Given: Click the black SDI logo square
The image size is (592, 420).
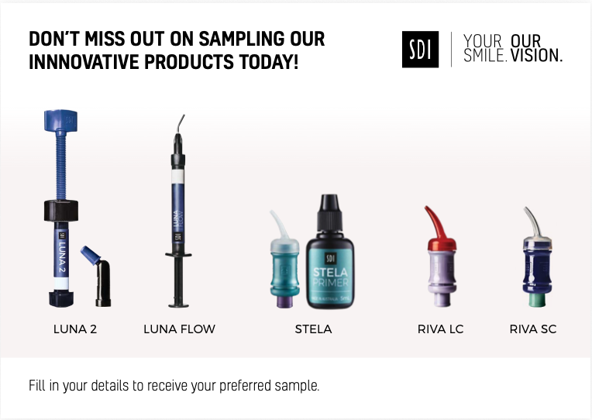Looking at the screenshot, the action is point(420,50).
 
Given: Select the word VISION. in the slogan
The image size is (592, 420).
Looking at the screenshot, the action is point(536,56).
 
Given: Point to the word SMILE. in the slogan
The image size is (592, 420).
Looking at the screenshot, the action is point(485,56).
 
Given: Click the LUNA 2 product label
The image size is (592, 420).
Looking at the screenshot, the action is point(75,329).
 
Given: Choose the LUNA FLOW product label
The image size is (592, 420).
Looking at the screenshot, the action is point(179,329).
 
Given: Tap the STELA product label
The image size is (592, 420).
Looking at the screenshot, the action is point(313,329).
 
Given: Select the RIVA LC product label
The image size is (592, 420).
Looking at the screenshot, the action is point(441,329).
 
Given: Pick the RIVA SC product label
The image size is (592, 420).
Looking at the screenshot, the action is point(533,329).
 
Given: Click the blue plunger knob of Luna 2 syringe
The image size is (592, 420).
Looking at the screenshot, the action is point(60,120).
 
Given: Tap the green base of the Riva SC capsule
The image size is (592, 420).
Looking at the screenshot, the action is point(537,300).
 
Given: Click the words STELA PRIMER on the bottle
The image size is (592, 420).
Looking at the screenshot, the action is point(330,277).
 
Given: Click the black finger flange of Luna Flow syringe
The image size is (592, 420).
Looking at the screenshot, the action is point(178,255).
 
